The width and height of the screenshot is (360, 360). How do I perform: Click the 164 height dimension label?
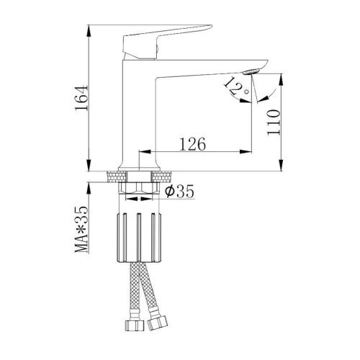(x=81, y=98)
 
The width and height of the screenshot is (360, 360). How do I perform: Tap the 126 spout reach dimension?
(x=193, y=144)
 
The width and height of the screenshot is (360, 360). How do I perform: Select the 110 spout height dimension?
(x=274, y=122)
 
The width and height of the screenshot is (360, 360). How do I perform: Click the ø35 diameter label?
(x=179, y=192)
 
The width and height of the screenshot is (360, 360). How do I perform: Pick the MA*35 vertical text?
(x=81, y=230)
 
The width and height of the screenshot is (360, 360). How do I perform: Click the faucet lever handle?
(x=164, y=41)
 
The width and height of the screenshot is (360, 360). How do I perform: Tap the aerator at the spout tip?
(x=251, y=72)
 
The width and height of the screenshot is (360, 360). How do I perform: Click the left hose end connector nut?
(x=135, y=325)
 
